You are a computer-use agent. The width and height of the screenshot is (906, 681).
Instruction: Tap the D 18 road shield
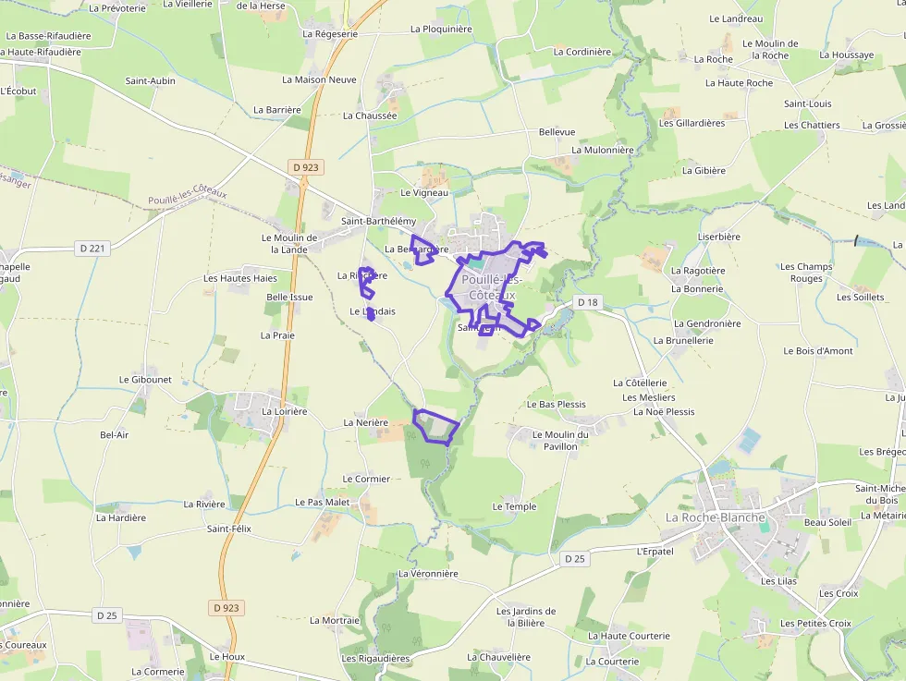coord(588,302)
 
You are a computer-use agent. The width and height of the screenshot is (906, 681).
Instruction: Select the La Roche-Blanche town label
coord(716,517)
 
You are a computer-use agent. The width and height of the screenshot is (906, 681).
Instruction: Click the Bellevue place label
coord(557,132)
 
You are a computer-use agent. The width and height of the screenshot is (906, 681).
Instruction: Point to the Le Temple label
coord(514,506)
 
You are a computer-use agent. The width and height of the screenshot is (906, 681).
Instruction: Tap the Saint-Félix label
coord(229,529)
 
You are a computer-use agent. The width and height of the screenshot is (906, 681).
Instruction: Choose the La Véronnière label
coord(428,574)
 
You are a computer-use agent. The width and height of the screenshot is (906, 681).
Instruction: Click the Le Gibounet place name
coord(145,380)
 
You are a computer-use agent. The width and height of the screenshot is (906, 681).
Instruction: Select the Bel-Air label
coord(114,434)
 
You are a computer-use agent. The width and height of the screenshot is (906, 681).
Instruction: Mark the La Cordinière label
coord(582,52)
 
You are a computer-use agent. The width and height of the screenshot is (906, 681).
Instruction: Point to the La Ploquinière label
coord(441,29)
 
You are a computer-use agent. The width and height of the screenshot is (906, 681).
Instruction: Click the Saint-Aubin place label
coord(151,80)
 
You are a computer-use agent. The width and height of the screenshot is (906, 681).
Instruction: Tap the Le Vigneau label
coord(424,193)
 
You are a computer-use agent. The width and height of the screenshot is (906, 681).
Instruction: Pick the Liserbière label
coord(719,237)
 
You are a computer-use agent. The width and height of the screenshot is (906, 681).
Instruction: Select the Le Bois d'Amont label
coord(818,351)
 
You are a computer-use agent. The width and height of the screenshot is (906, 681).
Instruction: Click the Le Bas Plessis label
coord(557,405)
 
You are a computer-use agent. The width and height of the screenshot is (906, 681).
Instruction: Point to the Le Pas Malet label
coord(323,502)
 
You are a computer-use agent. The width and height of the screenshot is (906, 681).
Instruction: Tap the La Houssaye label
coord(846,55)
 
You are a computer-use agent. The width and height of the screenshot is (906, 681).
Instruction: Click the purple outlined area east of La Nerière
coord(435,426)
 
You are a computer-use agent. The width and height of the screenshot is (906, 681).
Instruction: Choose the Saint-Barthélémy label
coord(378,222)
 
